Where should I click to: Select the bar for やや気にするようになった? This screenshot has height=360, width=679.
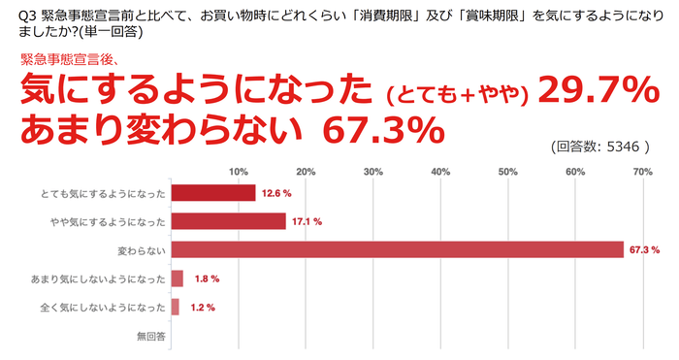[x=228, y=221]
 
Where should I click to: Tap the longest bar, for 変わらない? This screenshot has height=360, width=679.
[x=397, y=249]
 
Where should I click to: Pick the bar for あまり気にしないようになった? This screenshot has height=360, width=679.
[x=177, y=278]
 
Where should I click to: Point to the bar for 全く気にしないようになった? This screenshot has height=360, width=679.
[x=175, y=307]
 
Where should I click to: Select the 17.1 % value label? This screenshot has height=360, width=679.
[x=307, y=221]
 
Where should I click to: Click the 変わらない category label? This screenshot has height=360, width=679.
[x=142, y=250]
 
